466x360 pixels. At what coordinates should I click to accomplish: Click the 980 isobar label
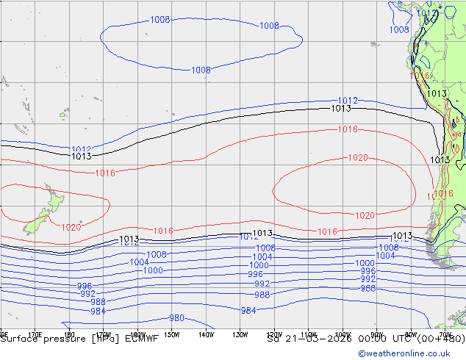176,318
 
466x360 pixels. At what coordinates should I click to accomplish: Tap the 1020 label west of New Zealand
71,228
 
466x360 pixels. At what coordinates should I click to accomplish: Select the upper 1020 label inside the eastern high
358,158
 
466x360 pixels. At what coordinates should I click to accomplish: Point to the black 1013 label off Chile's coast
440,159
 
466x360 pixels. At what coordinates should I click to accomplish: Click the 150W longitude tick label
171,334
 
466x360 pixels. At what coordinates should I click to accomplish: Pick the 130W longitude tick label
240,334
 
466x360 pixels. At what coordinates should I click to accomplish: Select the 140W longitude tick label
206,334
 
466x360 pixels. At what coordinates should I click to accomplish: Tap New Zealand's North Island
53,201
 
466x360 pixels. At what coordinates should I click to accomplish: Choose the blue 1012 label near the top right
348,101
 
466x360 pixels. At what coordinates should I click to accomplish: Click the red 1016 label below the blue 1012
348,130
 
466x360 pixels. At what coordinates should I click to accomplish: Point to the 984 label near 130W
248,310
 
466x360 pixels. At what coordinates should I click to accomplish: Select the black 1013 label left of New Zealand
81,156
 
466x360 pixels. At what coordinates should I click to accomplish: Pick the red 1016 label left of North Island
105,173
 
